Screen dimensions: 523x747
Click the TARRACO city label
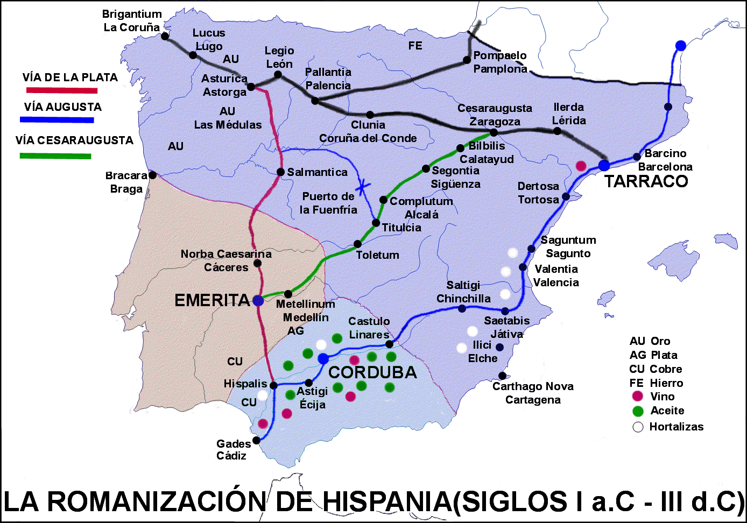tap(646, 181)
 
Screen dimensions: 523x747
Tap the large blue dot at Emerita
tap(258, 301)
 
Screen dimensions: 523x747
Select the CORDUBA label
tap(372, 372)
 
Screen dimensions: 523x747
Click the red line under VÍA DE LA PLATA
tap(61, 90)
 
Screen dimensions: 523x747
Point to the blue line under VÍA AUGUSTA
tap(57, 120)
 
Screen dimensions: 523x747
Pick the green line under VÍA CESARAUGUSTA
tap(55, 156)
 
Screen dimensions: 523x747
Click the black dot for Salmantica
tap(280, 172)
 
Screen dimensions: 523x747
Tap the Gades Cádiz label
tap(233, 449)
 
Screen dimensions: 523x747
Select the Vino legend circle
tap(638, 396)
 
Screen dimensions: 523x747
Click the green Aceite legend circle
tap(638, 411)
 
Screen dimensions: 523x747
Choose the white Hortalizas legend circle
tap(638, 427)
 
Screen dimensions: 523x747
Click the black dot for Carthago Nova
tap(502, 376)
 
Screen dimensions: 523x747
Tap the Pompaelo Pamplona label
tap(500, 62)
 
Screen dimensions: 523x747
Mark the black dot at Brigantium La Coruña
tap(165, 36)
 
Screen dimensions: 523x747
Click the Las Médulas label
tap(228, 125)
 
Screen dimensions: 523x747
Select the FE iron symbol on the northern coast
tap(415, 46)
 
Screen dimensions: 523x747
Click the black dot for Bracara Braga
tap(153, 175)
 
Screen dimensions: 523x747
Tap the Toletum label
tap(377, 255)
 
